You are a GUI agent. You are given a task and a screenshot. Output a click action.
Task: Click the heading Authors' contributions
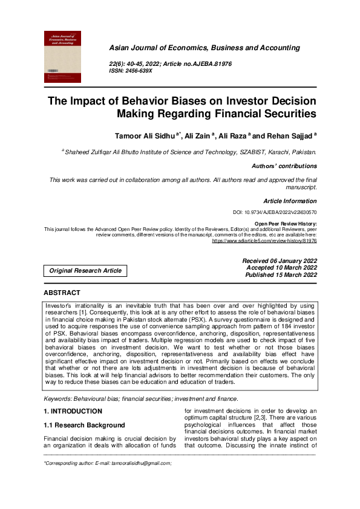click(284, 166)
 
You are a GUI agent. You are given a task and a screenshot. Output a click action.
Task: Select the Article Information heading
click(289, 201)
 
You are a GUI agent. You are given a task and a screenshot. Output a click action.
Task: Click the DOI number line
click(275, 213)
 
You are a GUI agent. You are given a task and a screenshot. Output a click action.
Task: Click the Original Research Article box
click(85, 270)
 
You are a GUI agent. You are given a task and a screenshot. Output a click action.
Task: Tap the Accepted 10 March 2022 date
click(281, 267)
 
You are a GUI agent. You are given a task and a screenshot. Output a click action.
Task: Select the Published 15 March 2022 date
click(281, 274)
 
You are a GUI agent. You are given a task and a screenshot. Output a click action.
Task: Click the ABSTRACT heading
click(62, 293)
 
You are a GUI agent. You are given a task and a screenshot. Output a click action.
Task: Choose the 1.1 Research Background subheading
click(84, 425)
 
